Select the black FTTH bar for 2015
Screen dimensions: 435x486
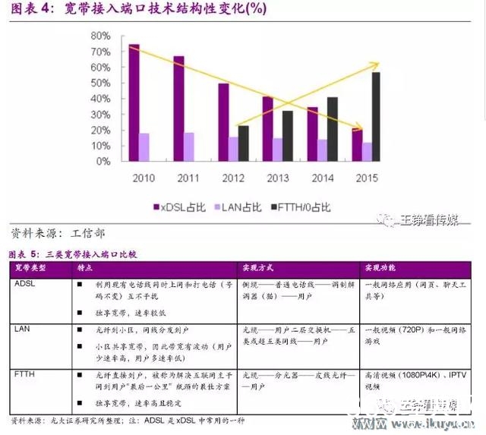[376, 116]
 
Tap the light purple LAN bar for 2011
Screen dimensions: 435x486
[189, 147]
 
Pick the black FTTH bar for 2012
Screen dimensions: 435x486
[243, 143]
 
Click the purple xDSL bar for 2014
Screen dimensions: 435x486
[312, 134]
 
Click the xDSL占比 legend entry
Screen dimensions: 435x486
[179, 206]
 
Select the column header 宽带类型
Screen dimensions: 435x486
[31, 269]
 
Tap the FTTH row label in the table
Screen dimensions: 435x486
[26, 374]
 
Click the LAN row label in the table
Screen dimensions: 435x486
[23, 329]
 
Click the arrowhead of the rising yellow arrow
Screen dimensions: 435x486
[375, 65]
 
